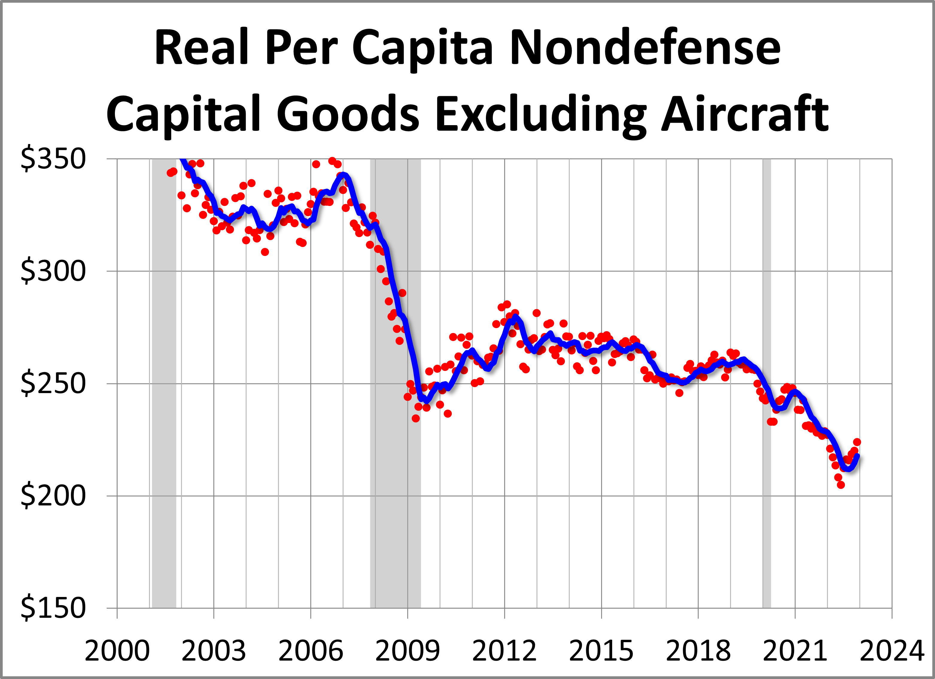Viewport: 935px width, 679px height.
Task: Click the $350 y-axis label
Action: point(53,159)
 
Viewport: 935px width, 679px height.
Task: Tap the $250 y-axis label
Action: point(53,383)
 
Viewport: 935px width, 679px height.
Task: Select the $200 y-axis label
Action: point(53,495)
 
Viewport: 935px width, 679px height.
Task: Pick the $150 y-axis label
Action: point(53,608)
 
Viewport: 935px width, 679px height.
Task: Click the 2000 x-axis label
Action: point(117,651)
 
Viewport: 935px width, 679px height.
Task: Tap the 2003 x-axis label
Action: point(214,651)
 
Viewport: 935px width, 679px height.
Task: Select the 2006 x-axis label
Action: point(311,651)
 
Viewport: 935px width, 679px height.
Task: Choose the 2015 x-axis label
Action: point(601,651)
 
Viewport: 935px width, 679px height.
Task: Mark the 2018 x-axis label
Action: point(698,651)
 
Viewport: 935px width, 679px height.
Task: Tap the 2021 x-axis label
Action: point(795,651)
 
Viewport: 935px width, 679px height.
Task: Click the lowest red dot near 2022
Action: point(841,485)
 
